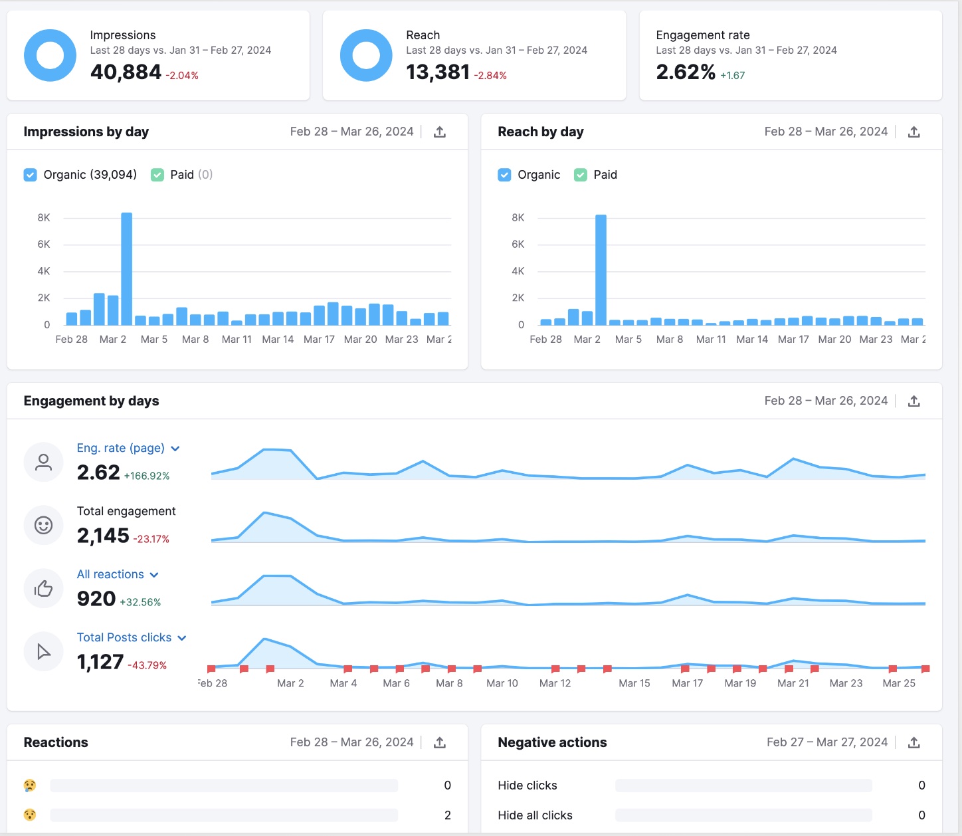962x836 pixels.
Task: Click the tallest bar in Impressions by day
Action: pyautogui.click(x=126, y=269)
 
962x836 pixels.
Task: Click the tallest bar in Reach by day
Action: pyautogui.click(x=601, y=270)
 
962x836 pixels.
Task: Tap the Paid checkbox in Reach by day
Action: pyautogui.click(x=581, y=175)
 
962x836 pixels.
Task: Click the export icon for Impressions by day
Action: pyautogui.click(x=440, y=132)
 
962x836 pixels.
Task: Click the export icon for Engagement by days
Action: pyautogui.click(x=914, y=401)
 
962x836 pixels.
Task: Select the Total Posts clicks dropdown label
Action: pyautogui.click(x=124, y=638)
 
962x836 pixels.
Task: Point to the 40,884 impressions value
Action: pyautogui.click(x=126, y=72)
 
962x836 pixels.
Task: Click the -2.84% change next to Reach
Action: pyautogui.click(x=490, y=76)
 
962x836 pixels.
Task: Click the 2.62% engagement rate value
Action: pyautogui.click(x=686, y=72)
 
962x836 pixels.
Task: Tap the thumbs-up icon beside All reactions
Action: pyautogui.click(x=43, y=589)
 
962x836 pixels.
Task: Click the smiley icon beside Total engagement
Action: pyautogui.click(x=43, y=526)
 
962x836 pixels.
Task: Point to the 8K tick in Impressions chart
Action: pyautogui.click(x=44, y=218)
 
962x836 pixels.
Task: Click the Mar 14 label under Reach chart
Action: pyautogui.click(x=752, y=340)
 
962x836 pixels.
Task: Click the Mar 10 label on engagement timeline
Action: pyautogui.click(x=502, y=684)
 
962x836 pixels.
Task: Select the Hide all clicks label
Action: pyautogui.click(x=535, y=815)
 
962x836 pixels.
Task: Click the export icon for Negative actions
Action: pyautogui.click(x=914, y=743)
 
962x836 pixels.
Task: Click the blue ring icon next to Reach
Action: pyautogui.click(x=366, y=56)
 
